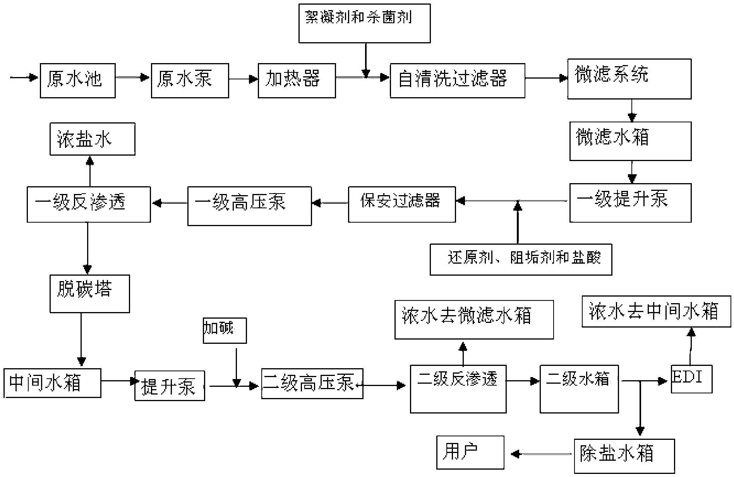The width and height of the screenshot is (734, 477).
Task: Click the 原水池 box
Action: (78, 81)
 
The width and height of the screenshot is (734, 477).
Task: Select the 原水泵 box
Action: (190, 81)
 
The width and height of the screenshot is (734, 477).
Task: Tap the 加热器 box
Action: (297, 81)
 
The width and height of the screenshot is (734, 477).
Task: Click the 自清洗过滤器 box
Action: (458, 81)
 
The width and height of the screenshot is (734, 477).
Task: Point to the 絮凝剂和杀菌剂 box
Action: (365, 23)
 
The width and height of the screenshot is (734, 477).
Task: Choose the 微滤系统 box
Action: (629, 79)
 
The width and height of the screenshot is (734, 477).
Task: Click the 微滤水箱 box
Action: (631, 141)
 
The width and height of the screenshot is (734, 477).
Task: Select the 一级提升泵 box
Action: (631, 203)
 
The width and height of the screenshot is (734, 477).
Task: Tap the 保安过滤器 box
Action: (402, 204)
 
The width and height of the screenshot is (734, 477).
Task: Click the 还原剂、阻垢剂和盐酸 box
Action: (521, 259)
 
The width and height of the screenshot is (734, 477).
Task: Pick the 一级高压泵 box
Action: (250, 206)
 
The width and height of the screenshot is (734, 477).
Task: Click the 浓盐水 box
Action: (93, 139)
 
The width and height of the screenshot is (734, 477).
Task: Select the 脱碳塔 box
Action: (90, 294)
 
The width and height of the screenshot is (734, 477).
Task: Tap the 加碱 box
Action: (225, 331)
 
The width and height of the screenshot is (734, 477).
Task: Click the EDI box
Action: (692, 379)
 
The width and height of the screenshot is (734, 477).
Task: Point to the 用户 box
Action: (470, 453)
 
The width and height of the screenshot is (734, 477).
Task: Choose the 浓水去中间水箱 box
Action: (657, 311)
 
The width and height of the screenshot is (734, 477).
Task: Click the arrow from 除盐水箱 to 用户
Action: (542, 453)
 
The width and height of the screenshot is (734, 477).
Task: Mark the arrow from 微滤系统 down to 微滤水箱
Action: (632, 111)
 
